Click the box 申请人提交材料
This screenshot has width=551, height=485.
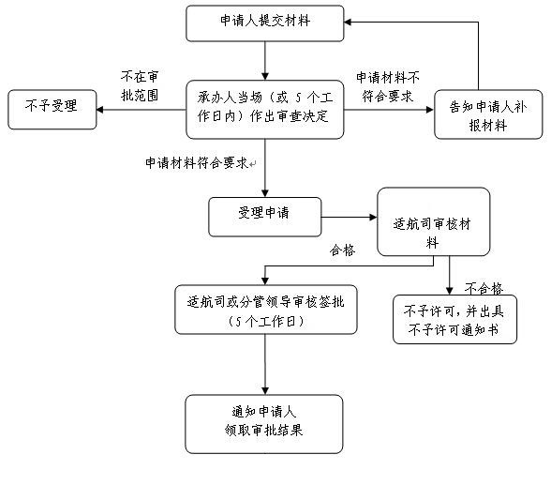tap(265, 23)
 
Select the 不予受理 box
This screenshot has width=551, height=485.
tap(52, 110)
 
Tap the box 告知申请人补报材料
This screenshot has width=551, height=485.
tap(488, 114)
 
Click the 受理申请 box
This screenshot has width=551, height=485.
tap(265, 217)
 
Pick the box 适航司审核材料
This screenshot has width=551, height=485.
tap(433, 221)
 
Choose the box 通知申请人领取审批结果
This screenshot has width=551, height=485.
tap(264, 424)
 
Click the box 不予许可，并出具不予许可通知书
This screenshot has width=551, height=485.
tap(454, 319)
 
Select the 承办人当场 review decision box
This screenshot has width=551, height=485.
tap(265, 110)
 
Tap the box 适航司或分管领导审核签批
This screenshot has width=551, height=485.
tap(266, 310)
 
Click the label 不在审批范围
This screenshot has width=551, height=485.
tap(140, 85)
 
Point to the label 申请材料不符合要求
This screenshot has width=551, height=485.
tap(388, 87)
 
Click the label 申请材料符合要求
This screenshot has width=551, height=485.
tap(197, 163)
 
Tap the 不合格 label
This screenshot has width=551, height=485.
tap(484, 289)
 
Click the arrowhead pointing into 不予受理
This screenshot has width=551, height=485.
tap(99, 110)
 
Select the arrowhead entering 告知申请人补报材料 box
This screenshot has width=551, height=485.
tap(431, 110)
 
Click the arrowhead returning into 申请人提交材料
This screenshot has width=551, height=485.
tap(348, 23)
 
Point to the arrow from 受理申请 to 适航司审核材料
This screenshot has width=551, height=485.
tap(350, 217)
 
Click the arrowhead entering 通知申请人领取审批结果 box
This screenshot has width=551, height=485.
tap(265, 391)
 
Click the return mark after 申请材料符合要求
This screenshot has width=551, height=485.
tap(253, 163)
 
